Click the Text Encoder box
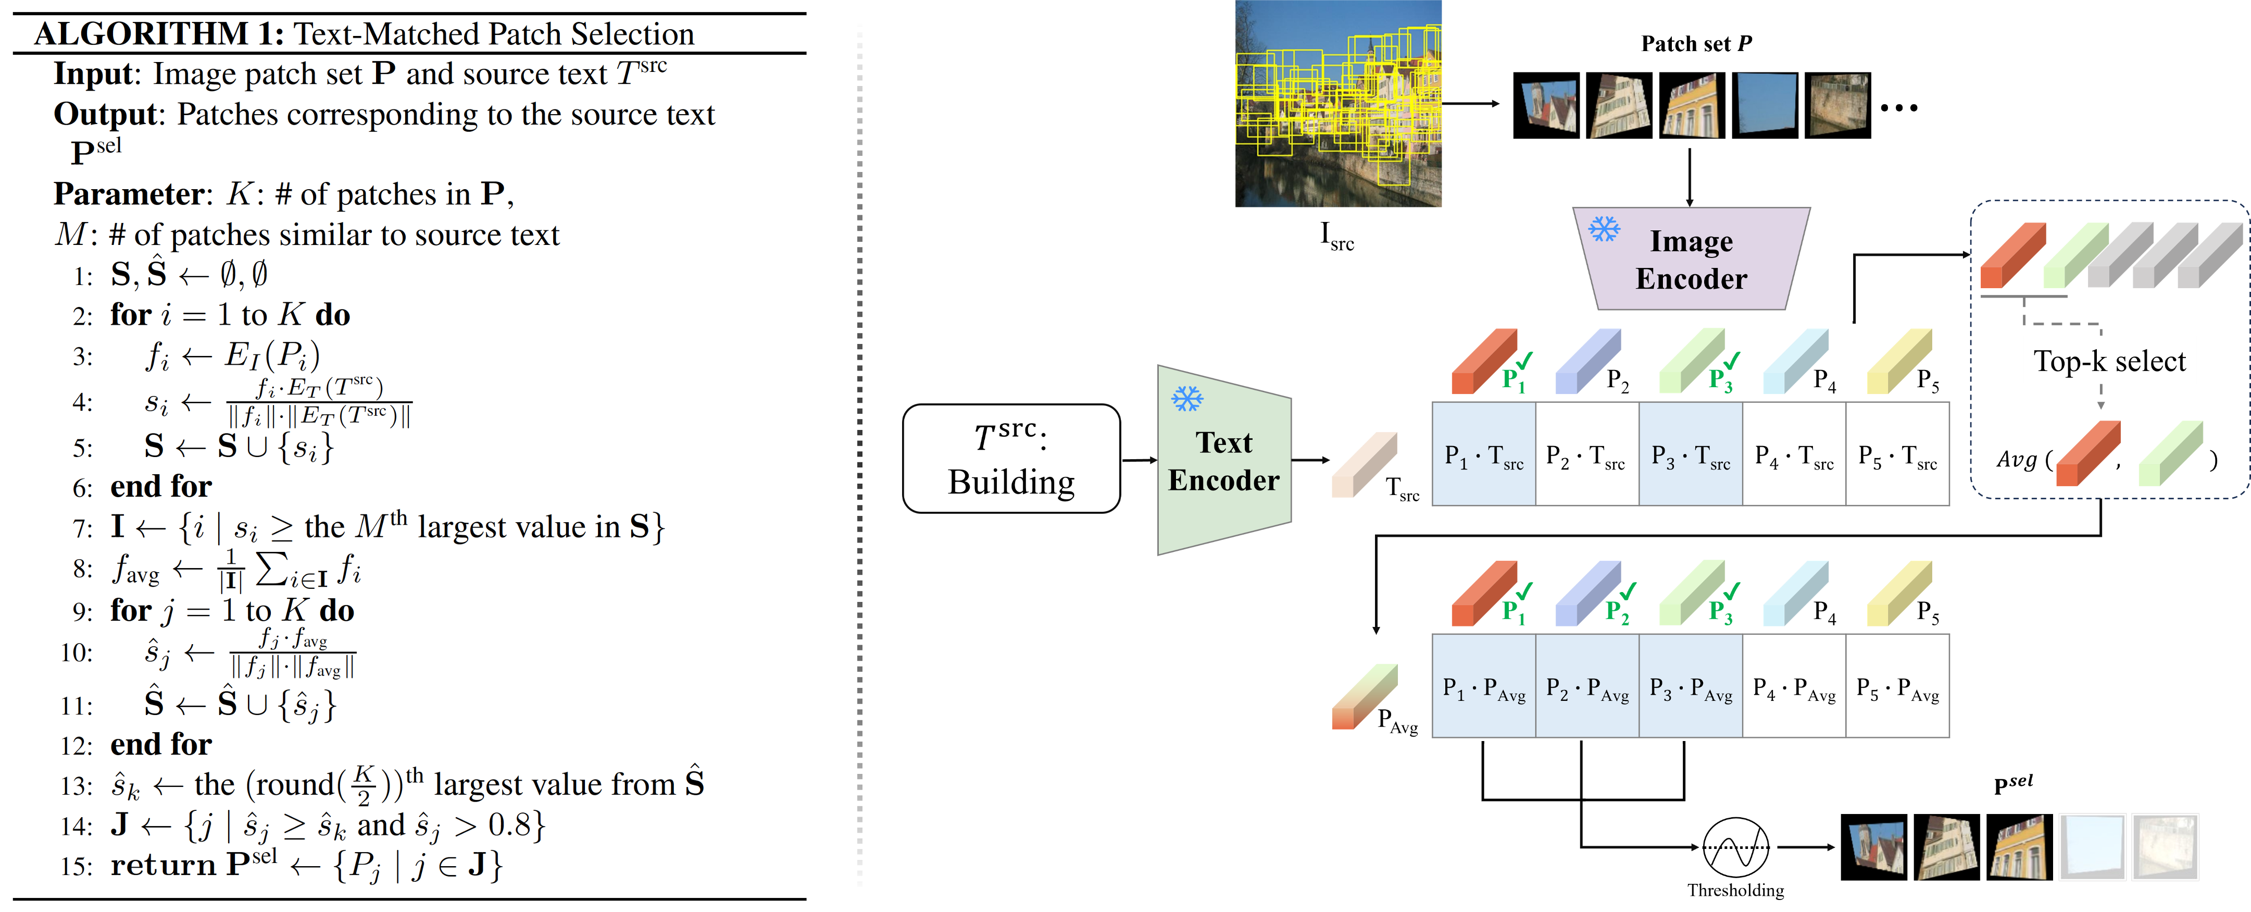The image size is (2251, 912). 1223,461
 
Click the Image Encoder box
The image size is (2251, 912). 1691,260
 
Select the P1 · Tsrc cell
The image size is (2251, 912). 1483,454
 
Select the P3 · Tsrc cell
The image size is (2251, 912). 1690,454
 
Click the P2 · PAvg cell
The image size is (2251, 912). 1587,687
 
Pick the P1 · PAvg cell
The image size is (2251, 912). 1483,687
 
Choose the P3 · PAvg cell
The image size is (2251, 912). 1690,687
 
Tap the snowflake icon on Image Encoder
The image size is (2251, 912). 1604,229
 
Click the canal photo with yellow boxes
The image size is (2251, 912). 1338,103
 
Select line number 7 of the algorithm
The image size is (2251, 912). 83,528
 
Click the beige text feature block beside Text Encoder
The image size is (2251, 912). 1363,464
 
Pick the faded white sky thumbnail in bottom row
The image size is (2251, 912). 2092,846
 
